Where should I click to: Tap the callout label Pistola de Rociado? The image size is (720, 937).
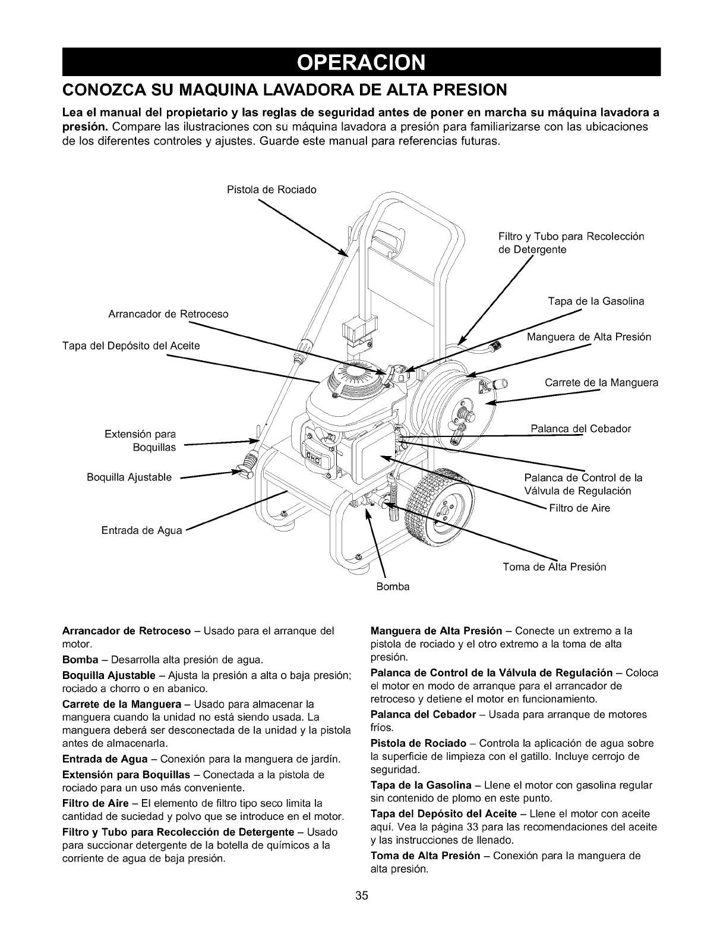coord(272,190)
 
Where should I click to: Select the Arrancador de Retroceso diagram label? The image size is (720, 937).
coord(168,314)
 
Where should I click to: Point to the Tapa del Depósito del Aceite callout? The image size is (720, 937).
coord(131,346)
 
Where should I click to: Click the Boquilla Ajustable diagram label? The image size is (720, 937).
coord(129,477)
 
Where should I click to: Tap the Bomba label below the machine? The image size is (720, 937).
coord(393,587)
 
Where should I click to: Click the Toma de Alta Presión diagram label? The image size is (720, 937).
coord(554,567)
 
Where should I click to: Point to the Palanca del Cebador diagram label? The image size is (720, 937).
coord(580,429)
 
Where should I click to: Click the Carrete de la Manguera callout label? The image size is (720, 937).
coord(601,382)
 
